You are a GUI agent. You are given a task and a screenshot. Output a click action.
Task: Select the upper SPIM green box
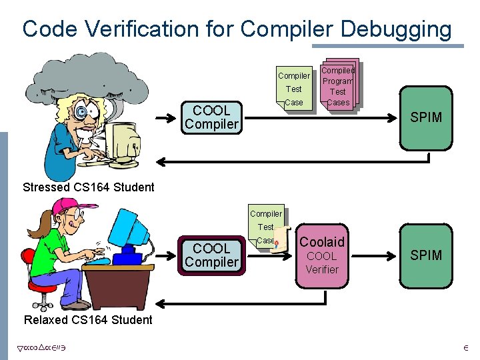pos(426,118)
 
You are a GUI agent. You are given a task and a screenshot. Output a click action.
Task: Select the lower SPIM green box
pos(426,255)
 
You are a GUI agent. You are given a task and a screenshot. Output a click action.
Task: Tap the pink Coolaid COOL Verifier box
pos(323,255)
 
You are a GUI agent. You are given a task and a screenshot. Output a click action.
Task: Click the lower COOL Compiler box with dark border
pos(211,255)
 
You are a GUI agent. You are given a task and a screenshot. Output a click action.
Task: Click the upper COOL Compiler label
pos(211,117)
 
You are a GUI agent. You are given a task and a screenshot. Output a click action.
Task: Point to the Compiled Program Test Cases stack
pos(338,85)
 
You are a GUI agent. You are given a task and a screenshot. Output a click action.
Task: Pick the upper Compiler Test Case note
pos(293,89)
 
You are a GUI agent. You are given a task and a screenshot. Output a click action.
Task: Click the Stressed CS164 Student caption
pos(88,187)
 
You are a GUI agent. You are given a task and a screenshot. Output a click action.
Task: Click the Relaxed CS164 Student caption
pos(88,320)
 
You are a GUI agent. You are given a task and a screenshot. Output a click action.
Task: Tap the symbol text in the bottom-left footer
pos(40,347)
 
